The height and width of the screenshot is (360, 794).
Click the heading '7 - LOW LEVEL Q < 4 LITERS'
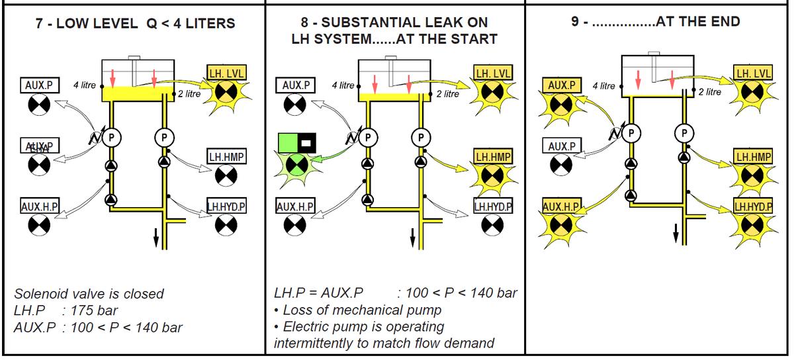tap(135, 24)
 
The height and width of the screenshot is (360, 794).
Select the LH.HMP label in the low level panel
tap(226, 157)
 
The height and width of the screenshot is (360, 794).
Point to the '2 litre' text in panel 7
tap(189, 94)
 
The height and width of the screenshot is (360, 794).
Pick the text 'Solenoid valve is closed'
tap(89, 294)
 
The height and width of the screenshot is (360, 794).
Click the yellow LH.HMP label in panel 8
tap(492, 157)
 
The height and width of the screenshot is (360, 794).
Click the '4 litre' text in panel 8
tap(343, 85)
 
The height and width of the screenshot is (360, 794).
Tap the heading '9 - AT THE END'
tap(656, 21)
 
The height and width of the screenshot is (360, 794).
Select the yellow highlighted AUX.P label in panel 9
tap(560, 85)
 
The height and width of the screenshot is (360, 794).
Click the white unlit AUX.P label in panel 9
tap(560, 145)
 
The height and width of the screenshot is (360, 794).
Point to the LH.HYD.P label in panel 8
tap(492, 205)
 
